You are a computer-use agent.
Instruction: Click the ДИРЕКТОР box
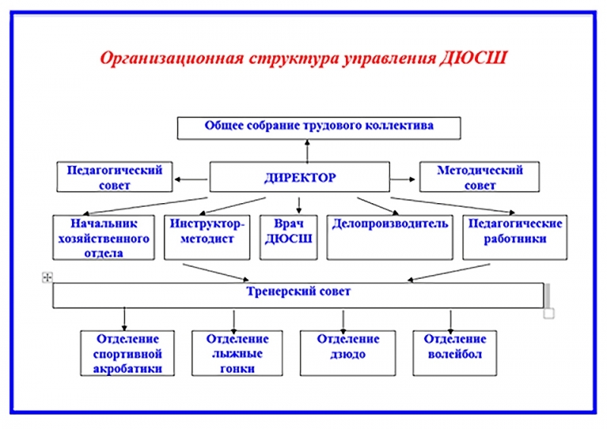pos(300,177)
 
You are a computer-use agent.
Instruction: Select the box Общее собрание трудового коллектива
pos(319,128)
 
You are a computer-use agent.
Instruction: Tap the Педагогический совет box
pos(115,177)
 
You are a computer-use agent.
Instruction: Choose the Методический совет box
pos(480,177)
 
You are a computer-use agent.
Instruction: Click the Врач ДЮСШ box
pos(288,237)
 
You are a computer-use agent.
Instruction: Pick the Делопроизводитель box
pos(390,237)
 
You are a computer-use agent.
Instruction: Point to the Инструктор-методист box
pos(207,237)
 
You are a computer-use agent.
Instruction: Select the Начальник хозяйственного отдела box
pos(104,237)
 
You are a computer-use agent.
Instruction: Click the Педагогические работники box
pos(515,237)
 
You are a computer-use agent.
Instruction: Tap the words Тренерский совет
pos(298,291)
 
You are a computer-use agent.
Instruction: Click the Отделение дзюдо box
pos(348,352)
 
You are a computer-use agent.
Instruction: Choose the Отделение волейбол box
pos(454,352)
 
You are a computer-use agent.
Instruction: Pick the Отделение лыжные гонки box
pos(237,352)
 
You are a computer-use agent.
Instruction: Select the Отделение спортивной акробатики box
pos(127,352)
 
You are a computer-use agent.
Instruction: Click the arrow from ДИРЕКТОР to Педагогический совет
pos(191,179)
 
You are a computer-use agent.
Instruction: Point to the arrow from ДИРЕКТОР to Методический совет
pos(403,179)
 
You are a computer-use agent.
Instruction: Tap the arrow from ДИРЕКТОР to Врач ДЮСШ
pos(298,205)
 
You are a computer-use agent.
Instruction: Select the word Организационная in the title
pos(172,59)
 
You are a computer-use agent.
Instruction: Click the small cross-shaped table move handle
pos(47,277)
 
